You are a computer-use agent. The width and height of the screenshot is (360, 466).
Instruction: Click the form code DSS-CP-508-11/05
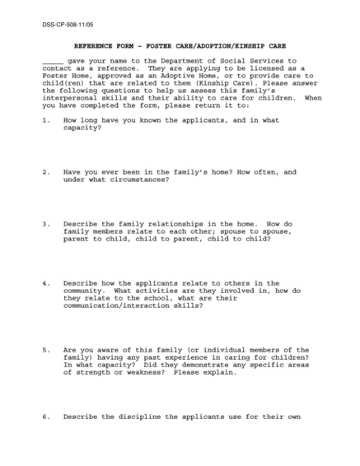coord(65,26)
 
